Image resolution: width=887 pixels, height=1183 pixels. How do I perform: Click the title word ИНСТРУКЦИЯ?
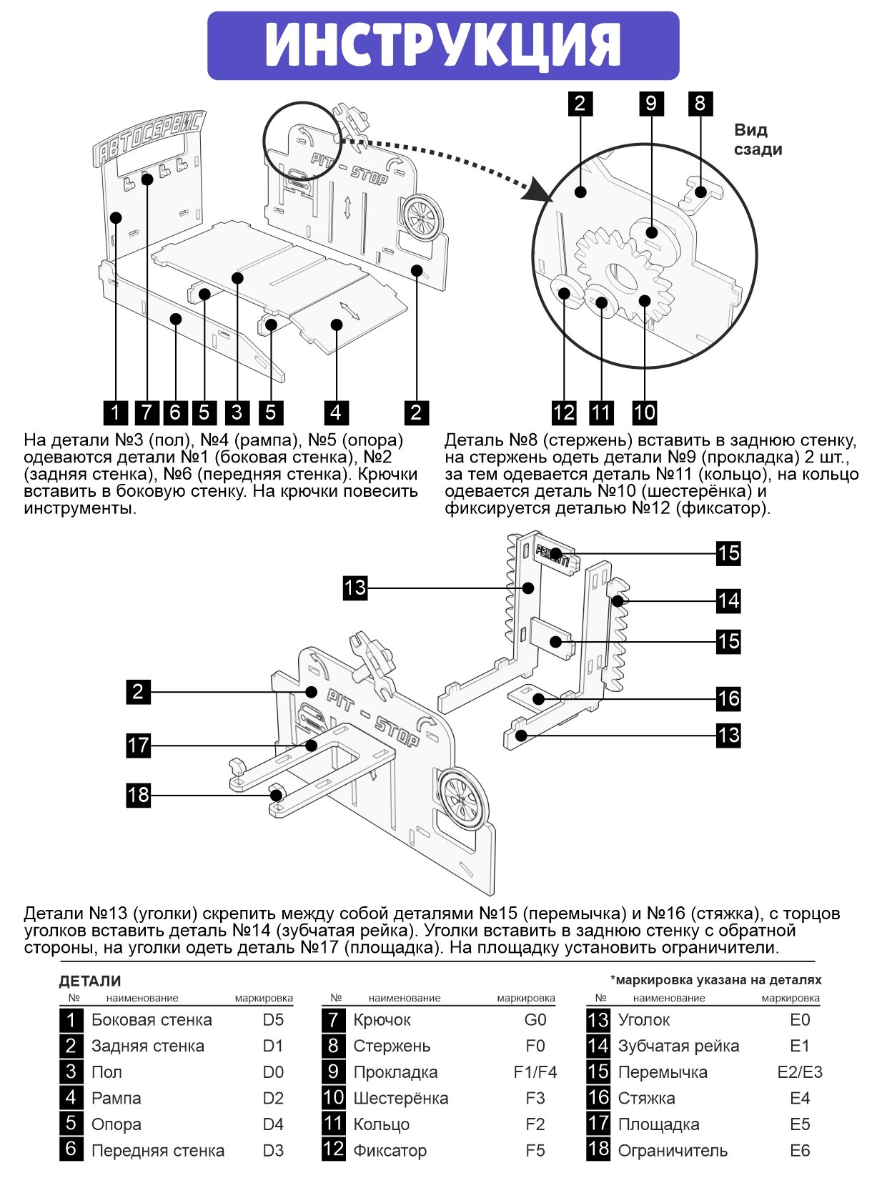[443, 46]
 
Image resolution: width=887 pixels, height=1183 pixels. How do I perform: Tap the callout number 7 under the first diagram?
[147, 412]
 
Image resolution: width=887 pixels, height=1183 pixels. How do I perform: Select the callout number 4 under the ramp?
[336, 412]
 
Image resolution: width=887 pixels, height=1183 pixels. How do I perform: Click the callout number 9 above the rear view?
[650, 104]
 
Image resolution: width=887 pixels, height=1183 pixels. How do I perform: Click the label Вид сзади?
[758, 139]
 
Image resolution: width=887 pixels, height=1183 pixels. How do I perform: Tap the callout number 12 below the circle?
[564, 412]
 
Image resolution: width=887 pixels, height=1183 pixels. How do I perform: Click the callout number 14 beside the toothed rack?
[728, 600]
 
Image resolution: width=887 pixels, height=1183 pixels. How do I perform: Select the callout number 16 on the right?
[728, 698]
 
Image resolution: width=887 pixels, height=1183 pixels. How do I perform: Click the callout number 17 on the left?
[138, 746]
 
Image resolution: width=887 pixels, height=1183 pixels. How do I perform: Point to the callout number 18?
[138, 795]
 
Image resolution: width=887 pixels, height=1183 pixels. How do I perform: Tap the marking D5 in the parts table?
[273, 1020]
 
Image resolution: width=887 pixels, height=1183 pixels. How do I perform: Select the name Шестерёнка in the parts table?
[400, 1098]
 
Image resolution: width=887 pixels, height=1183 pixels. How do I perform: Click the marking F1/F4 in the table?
[535, 1072]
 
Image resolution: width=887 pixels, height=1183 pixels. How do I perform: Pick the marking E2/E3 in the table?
[800, 1072]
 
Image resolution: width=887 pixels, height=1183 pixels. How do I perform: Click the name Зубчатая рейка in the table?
[678, 1046]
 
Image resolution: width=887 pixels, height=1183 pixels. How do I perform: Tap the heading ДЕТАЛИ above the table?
[90, 981]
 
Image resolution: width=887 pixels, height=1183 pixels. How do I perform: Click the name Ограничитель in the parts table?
[673, 1151]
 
